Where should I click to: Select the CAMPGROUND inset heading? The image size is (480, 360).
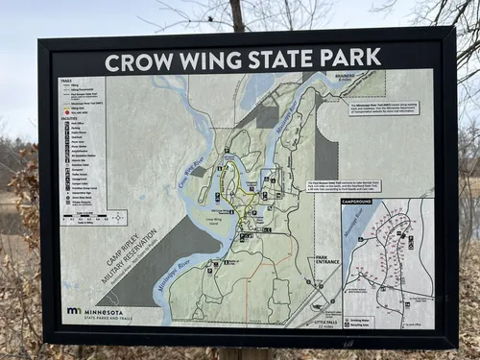click(x=356, y=202)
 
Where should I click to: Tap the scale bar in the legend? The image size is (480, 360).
click(x=81, y=218)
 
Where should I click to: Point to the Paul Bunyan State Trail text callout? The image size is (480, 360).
click(x=343, y=185)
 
